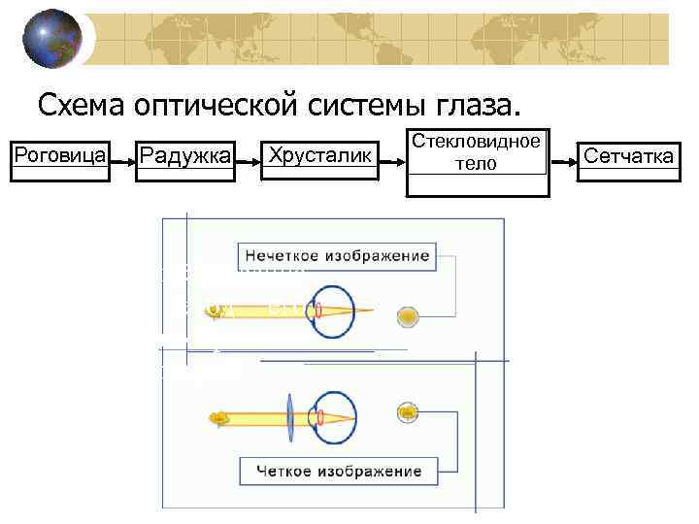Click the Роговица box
coord(57,154)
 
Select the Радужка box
coord(185,155)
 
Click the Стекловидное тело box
coord(477,152)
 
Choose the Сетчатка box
coord(628,155)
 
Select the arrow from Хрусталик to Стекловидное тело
coord(389,155)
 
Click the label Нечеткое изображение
coord(336,256)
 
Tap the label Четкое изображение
coord(339,472)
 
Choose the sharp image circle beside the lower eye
coord(409,413)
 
